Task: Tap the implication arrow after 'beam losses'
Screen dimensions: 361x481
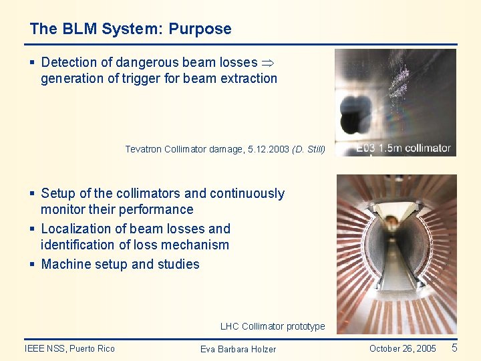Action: tap(268, 63)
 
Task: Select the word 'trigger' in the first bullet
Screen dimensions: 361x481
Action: tap(134, 79)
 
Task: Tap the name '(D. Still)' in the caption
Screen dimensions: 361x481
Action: tap(309, 149)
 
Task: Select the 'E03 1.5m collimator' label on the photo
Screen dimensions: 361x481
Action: tap(403, 148)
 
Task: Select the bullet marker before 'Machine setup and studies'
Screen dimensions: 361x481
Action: tap(32, 264)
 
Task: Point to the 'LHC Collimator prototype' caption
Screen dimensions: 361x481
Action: tap(273, 326)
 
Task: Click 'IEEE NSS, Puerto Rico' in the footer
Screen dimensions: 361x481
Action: tap(69, 348)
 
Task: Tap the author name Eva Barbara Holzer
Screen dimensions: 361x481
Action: tap(238, 349)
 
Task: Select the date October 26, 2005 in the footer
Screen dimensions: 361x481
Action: tap(402, 348)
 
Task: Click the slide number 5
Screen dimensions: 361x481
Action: tap(454, 348)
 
